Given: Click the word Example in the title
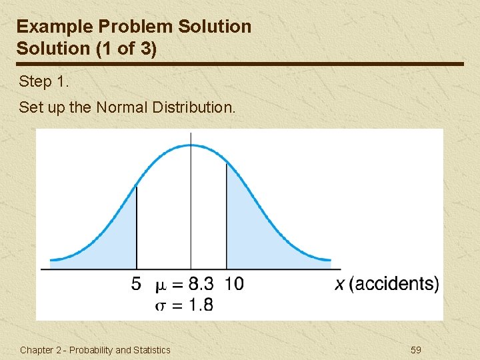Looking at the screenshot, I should [53, 27].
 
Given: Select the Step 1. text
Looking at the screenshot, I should [44, 82].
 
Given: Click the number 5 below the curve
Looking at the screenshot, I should [136, 284].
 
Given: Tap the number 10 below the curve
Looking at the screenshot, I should [234, 284].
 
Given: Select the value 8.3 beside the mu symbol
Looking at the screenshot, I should [201, 284].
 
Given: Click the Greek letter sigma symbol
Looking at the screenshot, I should [161, 305].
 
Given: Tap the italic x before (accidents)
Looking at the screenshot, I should [340, 285].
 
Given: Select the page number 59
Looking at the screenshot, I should [415, 350].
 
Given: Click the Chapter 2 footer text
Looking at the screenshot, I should [95, 350].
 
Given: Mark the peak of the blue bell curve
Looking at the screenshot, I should [191, 144].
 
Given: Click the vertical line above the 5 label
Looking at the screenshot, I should [137, 227].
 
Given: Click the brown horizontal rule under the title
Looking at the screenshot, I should [240, 64].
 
